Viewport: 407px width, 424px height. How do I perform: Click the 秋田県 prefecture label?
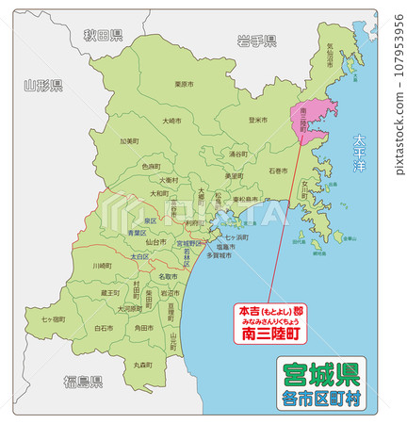coord(103,36)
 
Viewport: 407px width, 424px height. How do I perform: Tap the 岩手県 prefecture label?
coord(256,41)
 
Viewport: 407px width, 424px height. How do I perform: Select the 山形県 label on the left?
coord(43,86)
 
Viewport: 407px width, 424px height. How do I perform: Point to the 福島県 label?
coord(83,380)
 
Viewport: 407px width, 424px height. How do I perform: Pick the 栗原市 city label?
coord(184,84)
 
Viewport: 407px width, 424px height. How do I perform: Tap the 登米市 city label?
coord(258,120)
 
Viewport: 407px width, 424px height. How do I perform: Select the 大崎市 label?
coord(171,121)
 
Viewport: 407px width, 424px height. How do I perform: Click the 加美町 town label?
coord(129,141)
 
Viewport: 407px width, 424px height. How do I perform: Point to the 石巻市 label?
coord(278,171)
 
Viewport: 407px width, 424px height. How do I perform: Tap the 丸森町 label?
coord(143,364)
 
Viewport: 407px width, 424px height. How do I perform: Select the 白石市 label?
coord(104,328)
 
